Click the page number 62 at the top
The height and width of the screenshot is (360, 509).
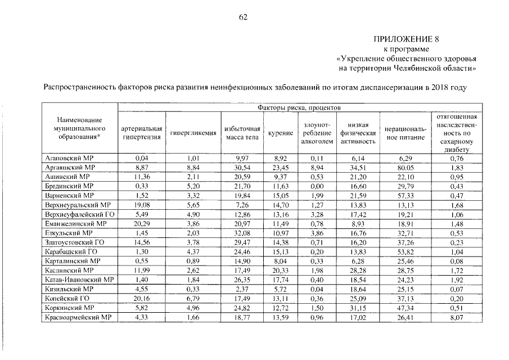tap(243, 17)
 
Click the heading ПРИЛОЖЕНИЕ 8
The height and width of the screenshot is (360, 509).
tap(406, 39)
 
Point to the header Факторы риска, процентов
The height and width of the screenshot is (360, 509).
tap(299, 107)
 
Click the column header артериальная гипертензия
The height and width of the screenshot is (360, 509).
tap(142, 132)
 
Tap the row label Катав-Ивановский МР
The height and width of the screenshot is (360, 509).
tap(79, 279)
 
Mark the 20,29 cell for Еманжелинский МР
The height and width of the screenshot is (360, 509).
tap(142, 223)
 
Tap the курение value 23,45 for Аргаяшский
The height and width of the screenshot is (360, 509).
tap(280, 168)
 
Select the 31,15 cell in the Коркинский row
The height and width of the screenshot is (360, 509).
tap(358, 307)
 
